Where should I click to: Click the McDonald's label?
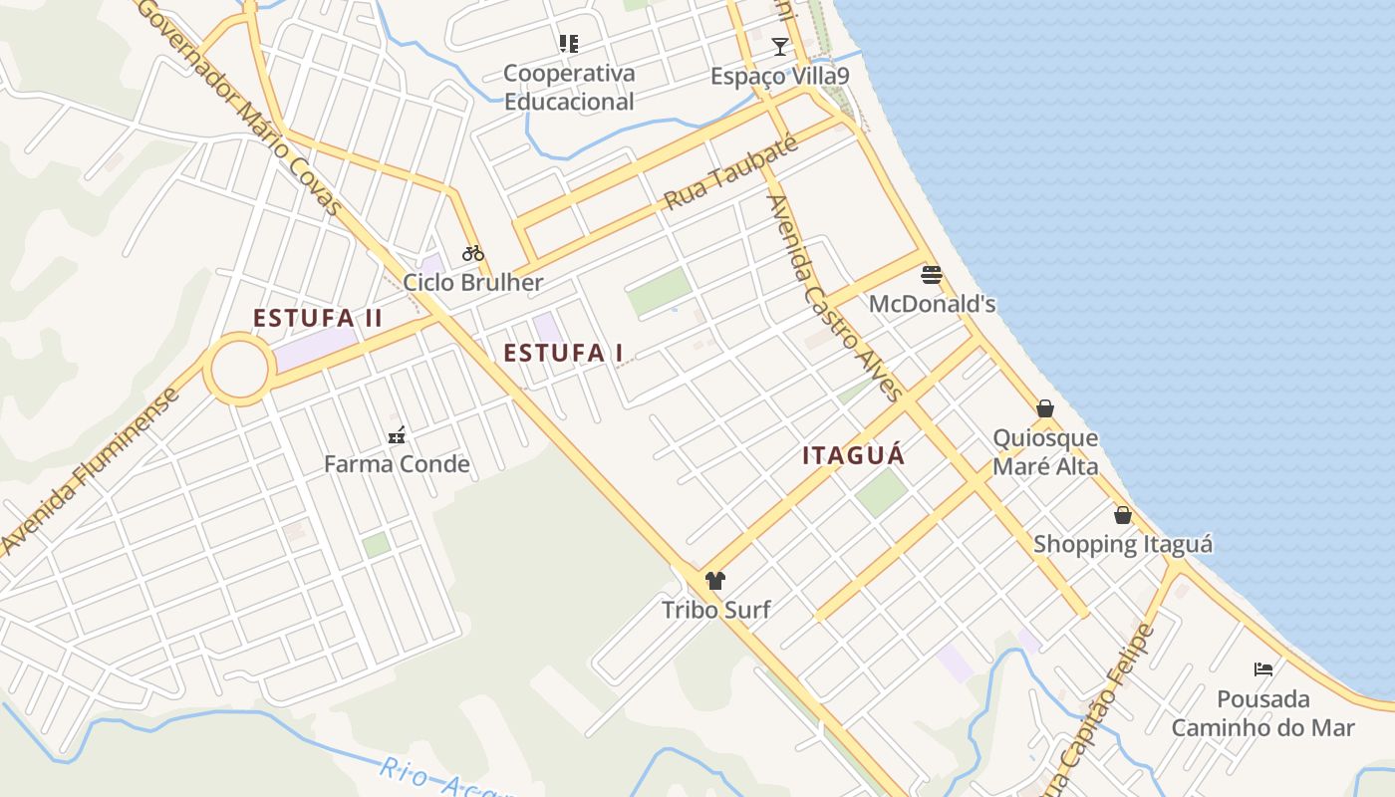point(932,304)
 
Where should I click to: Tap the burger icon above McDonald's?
point(932,274)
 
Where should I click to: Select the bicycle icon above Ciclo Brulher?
point(473,253)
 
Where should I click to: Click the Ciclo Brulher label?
point(473,282)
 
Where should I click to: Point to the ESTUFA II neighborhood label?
point(318,319)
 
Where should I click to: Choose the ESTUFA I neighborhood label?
point(563,353)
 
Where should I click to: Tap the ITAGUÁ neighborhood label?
point(854,456)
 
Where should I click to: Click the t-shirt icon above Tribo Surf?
point(714,581)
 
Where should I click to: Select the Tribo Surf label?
point(715,609)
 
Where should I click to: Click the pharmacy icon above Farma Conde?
point(397,435)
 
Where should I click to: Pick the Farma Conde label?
point(397,464)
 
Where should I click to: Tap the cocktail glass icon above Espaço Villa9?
point(779,47)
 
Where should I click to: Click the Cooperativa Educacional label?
point(569,87)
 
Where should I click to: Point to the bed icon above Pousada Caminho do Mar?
point(1263,669)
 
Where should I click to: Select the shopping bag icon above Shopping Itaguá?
point(1123,515)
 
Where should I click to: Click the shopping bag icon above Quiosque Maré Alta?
point(1045,408)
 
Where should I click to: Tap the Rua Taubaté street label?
point(730,173)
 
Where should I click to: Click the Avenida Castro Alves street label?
point(833,298)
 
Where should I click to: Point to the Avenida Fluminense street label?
point(89,471)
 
